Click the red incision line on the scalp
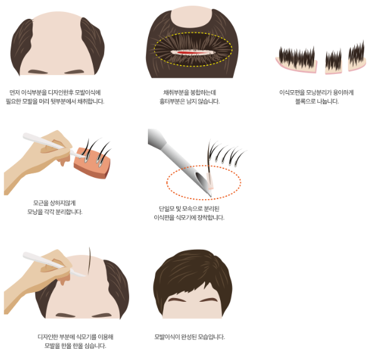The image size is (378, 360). click(x=192, y=53)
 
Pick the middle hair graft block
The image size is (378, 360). click(x=333, y=63)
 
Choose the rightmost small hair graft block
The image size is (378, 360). click(x=357, y=58)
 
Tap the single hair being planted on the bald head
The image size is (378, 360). click(x=90, y=262)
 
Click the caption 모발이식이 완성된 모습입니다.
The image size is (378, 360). click(x=190, y=337)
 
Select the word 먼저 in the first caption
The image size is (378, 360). click(x=14, y=93)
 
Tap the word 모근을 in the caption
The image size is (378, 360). click(x=40, y=203)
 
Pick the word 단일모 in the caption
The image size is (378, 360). click(x=166, y=208)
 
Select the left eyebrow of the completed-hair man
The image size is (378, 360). click(x=177, y=300)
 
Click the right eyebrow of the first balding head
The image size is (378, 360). click(x=74, y=72)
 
